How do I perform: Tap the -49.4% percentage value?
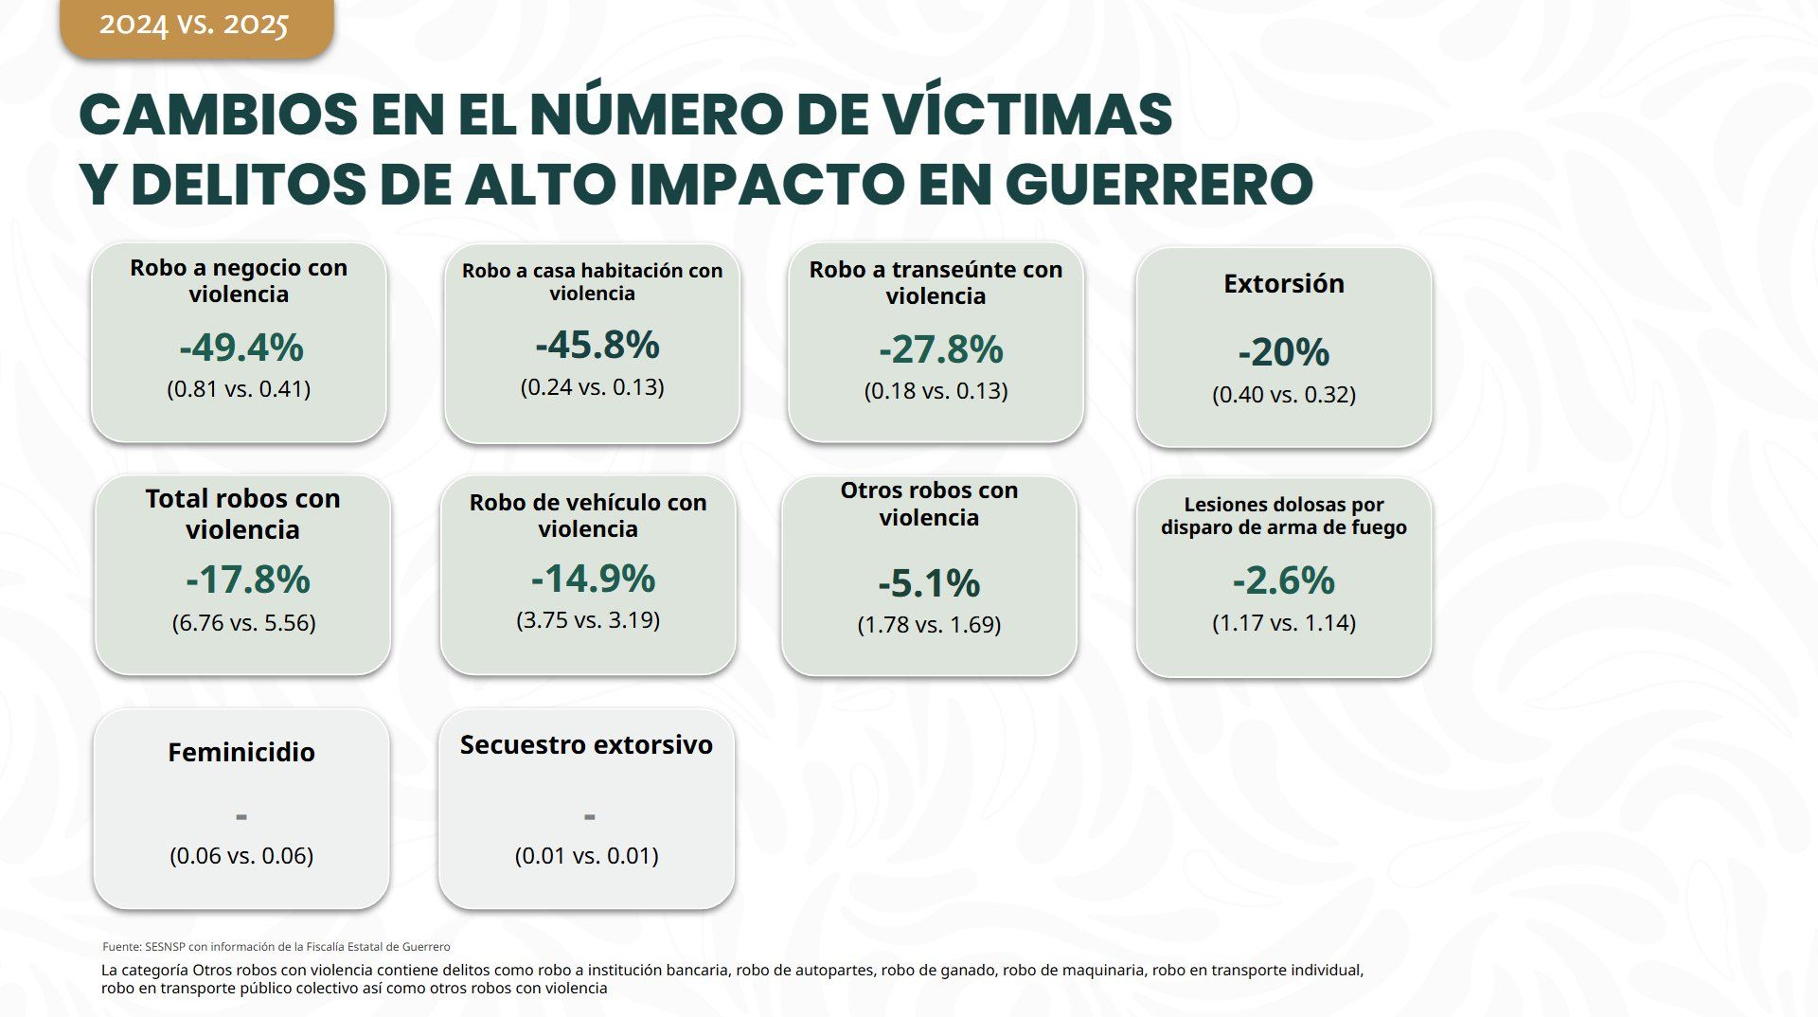coord(241,348)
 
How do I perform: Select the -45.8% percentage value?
coord(597,345)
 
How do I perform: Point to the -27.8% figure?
coord(940,349)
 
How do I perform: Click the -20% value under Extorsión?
coord(1284,352)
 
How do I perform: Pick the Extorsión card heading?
coord(1283,283)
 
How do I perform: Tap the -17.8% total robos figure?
coord(247,580)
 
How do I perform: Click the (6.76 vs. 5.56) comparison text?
coord(243,622)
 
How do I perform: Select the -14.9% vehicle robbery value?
coord(593,578)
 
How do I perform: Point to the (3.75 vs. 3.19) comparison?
coord(588,619)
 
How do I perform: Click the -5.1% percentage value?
coord(929,583)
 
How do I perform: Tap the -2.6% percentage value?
coord(1283,580)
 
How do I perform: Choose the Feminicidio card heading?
coord(241,752)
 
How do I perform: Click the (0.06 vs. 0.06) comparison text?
coord(241,855)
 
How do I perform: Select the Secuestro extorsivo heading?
coord(586,744)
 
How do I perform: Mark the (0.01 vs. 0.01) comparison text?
coord(586,855)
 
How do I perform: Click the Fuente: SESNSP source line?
coord(276,946)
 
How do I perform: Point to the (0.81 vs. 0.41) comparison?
coord(239,388)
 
